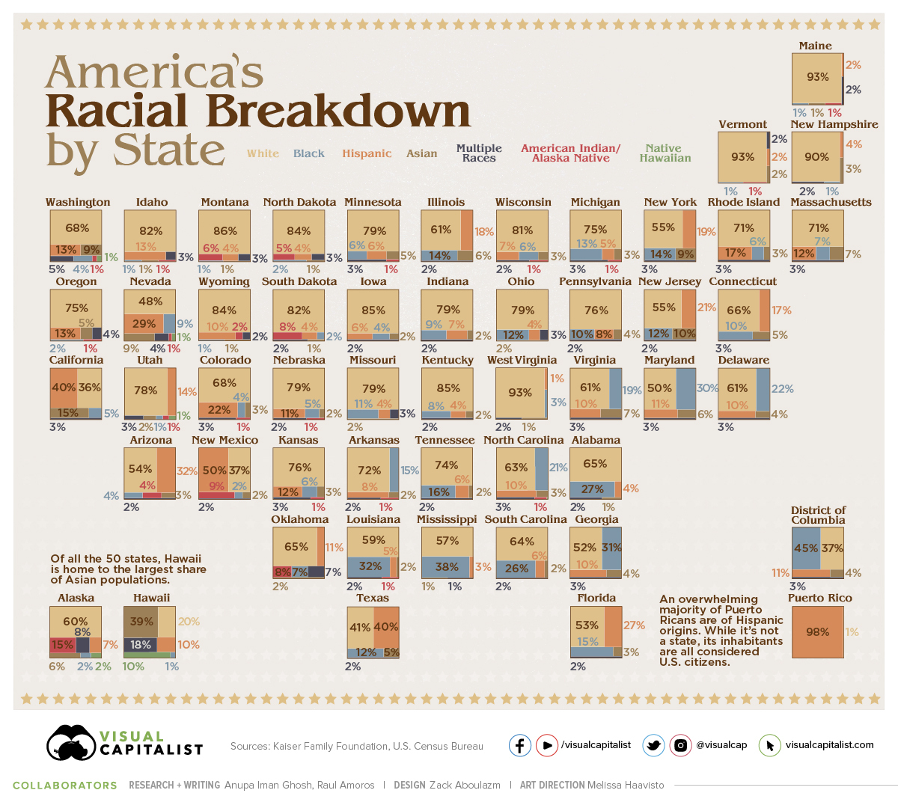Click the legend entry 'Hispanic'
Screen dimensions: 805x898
367,153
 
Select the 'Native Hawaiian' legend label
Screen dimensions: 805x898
665,153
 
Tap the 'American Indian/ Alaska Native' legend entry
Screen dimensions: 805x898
570,153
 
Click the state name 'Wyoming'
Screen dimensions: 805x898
224,281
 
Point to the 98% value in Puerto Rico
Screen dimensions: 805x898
817,631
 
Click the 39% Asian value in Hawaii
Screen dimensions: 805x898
141,621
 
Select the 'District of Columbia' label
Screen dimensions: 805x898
818,515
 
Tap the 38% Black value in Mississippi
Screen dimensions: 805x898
447,566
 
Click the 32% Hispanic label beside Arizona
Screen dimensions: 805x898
186,471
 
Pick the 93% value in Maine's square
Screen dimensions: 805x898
817,76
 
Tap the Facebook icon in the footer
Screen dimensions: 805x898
520,745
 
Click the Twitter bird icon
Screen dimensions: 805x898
653,745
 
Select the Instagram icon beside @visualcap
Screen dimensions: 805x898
680,745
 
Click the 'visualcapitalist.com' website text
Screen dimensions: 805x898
829,744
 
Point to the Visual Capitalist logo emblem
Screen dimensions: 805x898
70,743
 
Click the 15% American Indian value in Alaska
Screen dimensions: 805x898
62,644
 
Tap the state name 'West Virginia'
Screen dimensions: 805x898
522,360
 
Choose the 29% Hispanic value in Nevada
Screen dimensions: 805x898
144,323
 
